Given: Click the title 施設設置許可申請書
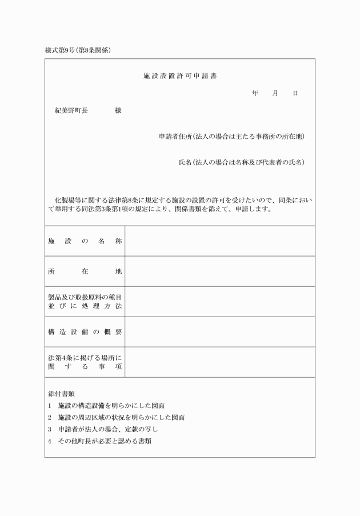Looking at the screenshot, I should coord(179,76).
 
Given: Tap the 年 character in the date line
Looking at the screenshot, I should coord(255,93).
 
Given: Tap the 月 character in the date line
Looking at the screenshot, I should coord(275,93).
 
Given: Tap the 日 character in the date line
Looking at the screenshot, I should coord(295,93).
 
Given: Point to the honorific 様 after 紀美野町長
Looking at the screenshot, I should coord(118,111).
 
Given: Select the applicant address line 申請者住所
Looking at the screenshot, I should coord(231,137).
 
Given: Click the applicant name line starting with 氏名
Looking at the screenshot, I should coord(241,162).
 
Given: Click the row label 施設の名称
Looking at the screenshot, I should coord(85,241).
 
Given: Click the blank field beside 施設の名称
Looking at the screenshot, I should coord(219,241).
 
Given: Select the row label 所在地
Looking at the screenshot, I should coord(85,271).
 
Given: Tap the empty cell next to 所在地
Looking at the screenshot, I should coord(219,271).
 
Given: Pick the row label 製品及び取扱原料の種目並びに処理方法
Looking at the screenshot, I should coord(85,302).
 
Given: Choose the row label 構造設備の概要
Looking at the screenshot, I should coord(85,332).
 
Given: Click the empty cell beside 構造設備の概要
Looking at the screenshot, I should coord(219,332).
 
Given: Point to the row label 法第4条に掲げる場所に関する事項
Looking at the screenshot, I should coord(85,362).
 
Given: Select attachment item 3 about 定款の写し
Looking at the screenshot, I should coord(103,429).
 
